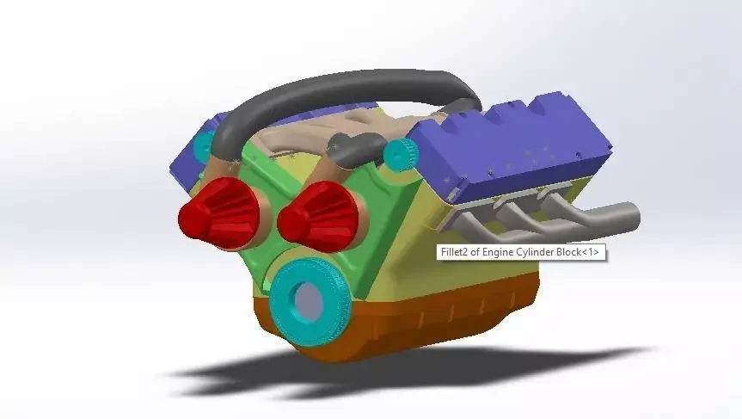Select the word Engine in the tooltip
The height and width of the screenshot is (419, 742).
coord(501,252)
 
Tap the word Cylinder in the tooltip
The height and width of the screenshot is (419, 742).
coord(541,252)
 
